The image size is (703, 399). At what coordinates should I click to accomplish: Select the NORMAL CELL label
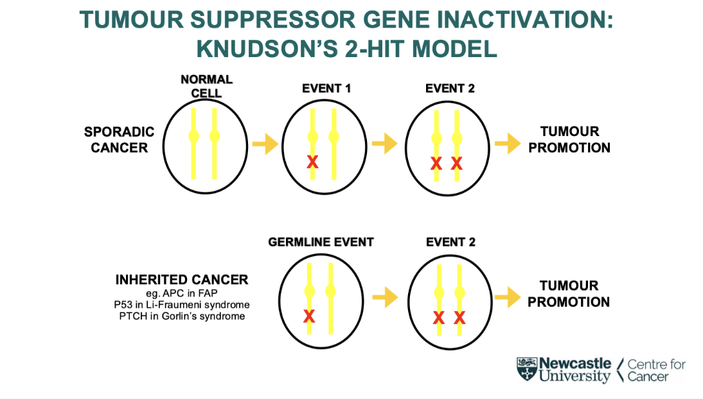click(x=206, y=87)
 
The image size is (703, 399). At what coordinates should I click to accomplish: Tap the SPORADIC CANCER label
click(x=120, y=140)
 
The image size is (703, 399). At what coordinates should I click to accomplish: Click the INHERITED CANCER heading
click(x=182, y=280)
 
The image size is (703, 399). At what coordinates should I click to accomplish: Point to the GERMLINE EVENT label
click(x=321, y=242)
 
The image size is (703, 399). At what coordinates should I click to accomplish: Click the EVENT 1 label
click(x=326, y=89)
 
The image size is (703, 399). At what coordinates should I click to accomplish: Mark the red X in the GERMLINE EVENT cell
click(x=309, y=316)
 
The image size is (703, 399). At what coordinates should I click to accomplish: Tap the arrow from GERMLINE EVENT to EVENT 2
click(x=385, y=297)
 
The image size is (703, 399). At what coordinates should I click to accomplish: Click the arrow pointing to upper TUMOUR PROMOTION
click(x=508, y=144)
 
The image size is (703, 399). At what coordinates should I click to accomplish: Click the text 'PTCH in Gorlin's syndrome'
click(x=182, y=316)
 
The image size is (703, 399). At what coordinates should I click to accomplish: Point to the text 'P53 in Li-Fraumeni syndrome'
click(x=182, y=304)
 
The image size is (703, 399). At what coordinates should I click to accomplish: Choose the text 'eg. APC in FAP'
click(x=182, y=293)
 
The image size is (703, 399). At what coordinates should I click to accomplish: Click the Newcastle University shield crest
click(x=526, y=369)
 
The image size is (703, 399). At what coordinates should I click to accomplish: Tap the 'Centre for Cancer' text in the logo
click(x=655, y=371)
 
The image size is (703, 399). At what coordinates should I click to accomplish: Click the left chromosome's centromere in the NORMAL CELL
click(x=194, y=136)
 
